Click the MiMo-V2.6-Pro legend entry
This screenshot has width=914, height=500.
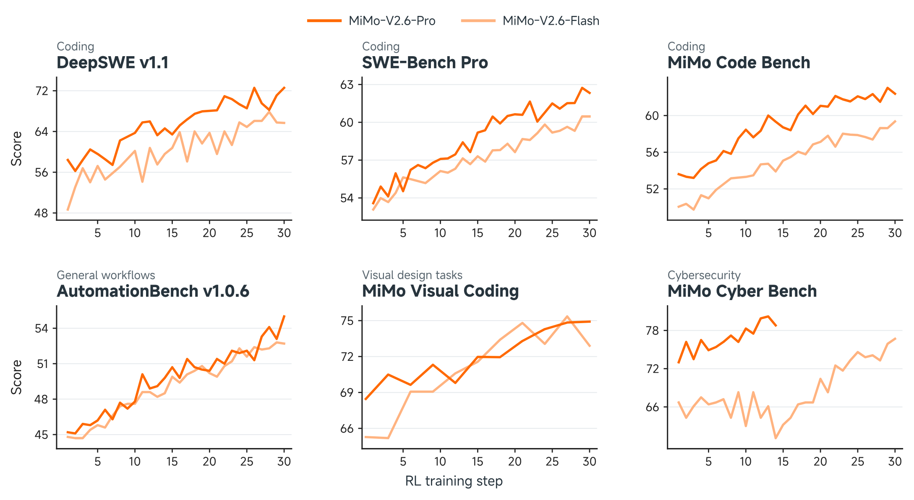coord(371,21)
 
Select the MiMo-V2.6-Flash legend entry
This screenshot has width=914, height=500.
coord(530,21)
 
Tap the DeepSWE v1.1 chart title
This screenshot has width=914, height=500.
coord(112,62)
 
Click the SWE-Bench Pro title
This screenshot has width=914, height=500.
coord(425,62)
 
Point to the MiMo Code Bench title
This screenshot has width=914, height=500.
coord(739,62)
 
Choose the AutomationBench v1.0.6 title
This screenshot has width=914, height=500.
coord(153,291)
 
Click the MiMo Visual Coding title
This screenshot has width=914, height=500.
coord(440,291)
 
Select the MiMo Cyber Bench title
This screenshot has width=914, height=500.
coord(742,291)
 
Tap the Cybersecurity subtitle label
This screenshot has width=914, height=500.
coord(704,275)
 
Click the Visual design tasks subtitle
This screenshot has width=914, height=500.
coord(412,275)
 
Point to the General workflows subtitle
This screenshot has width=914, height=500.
coord(106,275)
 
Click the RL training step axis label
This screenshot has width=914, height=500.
coord(454,481)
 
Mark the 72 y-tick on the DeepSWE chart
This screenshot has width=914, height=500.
coord(42,91)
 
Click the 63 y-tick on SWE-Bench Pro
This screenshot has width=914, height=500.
coord(347,85)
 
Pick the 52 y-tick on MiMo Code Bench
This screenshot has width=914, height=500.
coord(653,189)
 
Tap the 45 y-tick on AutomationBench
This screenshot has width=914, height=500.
coord(42,435)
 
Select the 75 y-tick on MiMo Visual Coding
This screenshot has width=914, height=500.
coord(347,321)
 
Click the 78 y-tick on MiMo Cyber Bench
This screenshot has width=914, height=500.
coord(653,331)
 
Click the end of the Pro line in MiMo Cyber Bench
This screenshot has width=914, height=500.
coord(776,326)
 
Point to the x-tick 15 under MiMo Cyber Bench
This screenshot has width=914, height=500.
coord(783,461)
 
